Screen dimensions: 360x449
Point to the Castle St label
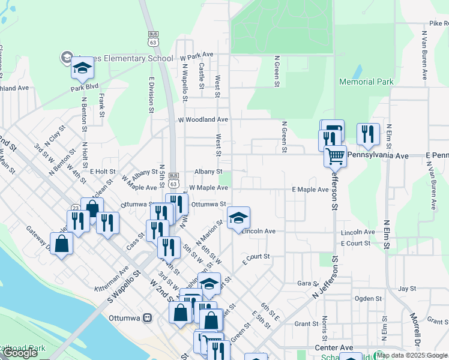202,73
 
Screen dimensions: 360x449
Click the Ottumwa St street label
208,204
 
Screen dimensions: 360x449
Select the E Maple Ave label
310,190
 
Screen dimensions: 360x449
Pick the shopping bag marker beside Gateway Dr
62,244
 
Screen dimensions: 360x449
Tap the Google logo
20,353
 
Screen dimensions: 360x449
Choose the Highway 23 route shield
76,208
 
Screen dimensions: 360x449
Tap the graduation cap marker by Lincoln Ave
238,217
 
